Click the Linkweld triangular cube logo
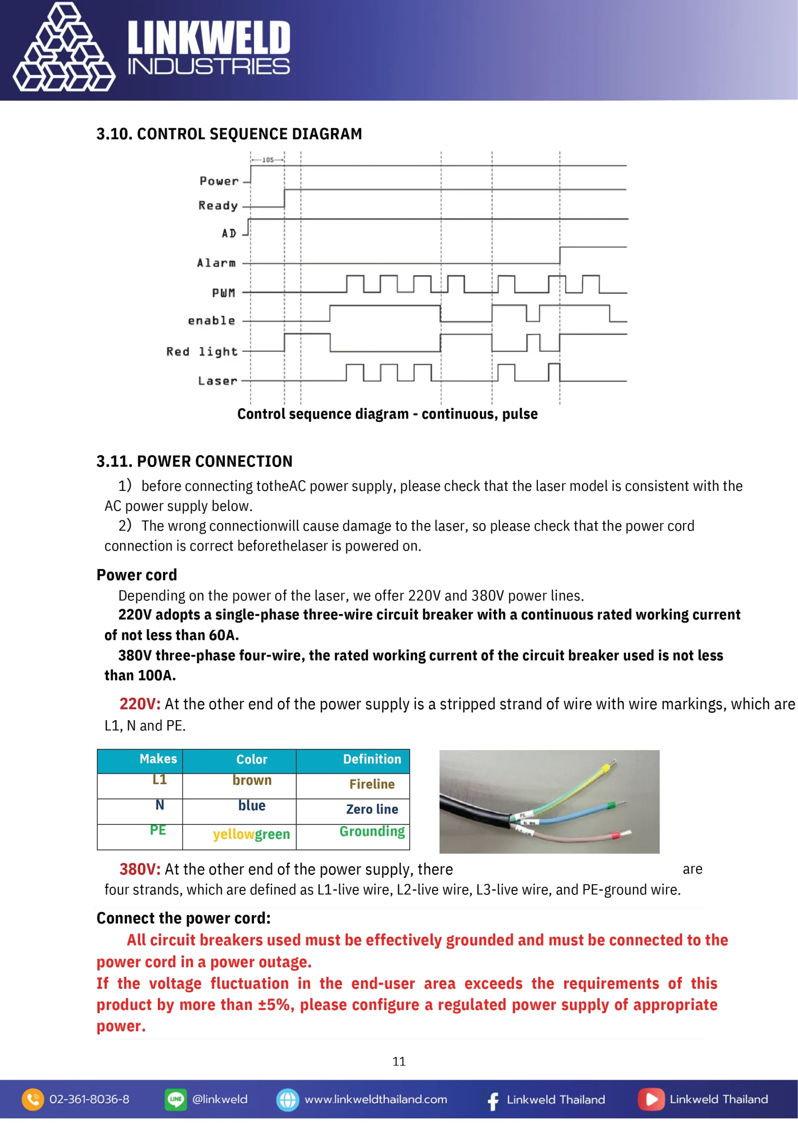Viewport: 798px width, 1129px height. coord(64,48)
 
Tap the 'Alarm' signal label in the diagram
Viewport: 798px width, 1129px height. coord(216,263)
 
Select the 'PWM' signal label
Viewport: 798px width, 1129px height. coord(224,293)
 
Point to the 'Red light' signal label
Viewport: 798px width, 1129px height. coord(202,351)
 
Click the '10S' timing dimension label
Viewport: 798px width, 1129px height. coord(268,160)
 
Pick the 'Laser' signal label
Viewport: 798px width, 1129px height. coord(218,381)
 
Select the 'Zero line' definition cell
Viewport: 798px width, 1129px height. coord(372,809)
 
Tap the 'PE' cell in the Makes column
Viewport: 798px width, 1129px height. coord(158,830)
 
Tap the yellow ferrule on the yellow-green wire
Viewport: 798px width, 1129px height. coord(606,766)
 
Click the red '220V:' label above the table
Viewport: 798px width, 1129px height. coord(140,704)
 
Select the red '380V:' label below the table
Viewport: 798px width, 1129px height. coord(140,869)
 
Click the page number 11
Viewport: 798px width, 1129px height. coord(399,1061)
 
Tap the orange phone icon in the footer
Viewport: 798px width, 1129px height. coord(33,1099)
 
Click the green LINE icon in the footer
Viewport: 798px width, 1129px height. coord(175,1099)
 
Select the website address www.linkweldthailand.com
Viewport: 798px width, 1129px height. coord(376,1099)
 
